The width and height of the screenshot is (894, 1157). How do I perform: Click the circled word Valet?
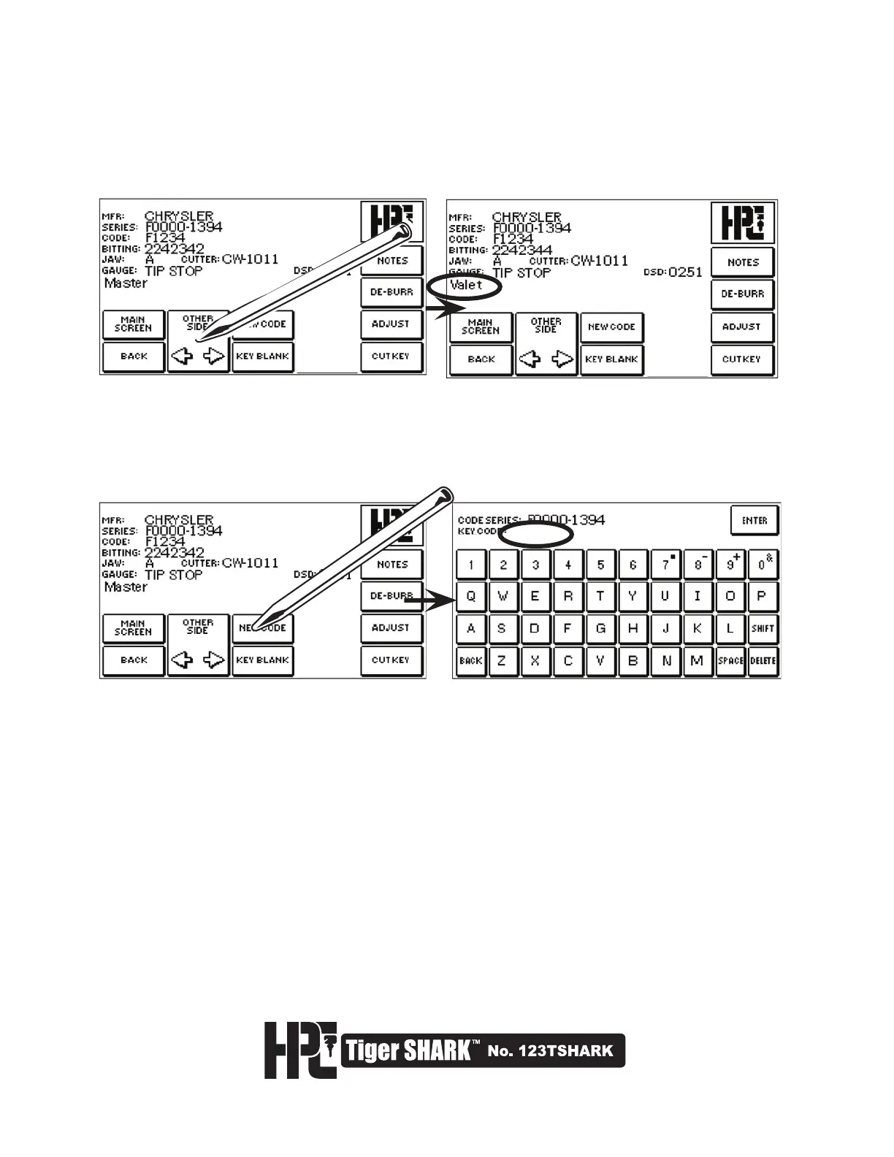(466, 286)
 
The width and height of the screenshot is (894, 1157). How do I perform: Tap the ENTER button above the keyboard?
(754, 521)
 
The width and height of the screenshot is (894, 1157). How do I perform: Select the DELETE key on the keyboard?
(763, 661)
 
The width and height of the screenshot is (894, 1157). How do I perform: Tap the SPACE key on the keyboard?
(730, 661)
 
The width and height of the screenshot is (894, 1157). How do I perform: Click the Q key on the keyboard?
(471, 596)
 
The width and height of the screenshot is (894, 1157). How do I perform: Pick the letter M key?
(697, 661)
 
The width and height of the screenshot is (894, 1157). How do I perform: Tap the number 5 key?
(600, 565)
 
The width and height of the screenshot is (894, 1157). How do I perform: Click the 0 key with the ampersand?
(763, 565)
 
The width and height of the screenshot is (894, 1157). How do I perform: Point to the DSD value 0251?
(685, 272)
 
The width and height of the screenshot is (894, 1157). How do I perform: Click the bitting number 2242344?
(521, 250)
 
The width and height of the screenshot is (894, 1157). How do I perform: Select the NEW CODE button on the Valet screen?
(612, 327)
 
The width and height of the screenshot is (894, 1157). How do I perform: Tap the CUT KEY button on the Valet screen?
(741, 359)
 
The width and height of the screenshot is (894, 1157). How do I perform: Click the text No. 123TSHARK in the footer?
(550, 1052)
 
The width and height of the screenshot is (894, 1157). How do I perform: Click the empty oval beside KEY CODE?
(536, 535)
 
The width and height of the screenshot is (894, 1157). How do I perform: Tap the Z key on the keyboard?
(502, 661)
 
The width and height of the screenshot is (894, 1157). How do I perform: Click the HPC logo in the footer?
(299, 1050)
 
